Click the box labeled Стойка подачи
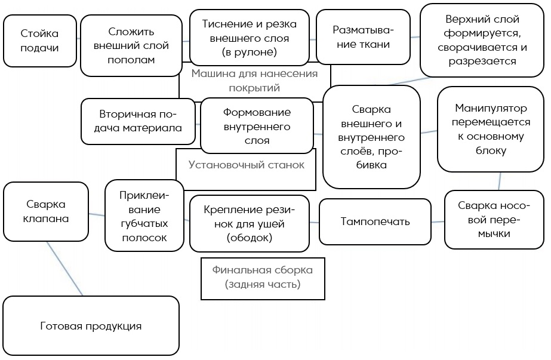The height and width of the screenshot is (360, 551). (39, 40)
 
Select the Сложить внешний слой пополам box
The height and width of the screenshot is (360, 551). (131, 45)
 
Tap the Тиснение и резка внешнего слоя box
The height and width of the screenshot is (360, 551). (250, 37)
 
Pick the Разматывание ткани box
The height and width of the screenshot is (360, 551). (362, 37)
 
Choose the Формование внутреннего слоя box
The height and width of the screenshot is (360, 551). (257, 126)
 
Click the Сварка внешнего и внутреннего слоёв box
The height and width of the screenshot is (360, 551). (371, 137)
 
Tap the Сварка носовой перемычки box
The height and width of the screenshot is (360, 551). (494, 220)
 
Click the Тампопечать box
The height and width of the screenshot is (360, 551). (375, 221)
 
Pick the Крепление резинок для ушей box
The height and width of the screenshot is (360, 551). (250, 223)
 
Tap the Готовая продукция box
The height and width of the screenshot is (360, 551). (91, 326)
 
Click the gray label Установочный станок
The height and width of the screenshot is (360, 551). (246, 165)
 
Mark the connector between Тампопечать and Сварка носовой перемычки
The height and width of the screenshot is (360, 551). (438, 221)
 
